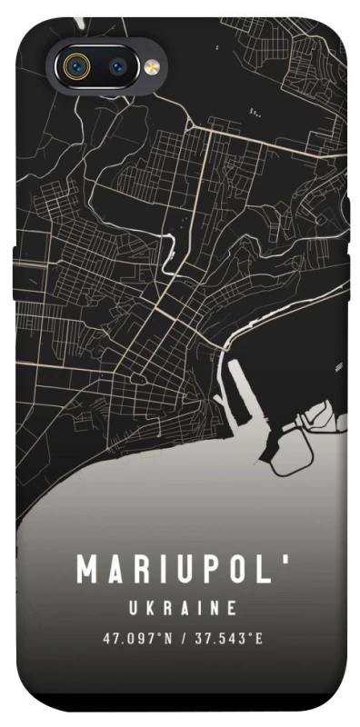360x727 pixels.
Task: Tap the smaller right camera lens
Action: [119, 66]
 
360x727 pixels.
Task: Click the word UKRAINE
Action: [181, 608]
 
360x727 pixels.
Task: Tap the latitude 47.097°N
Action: [137, 638]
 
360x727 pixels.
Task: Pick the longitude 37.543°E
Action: [227, 638]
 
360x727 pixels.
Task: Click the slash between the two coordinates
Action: [183, 638]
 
